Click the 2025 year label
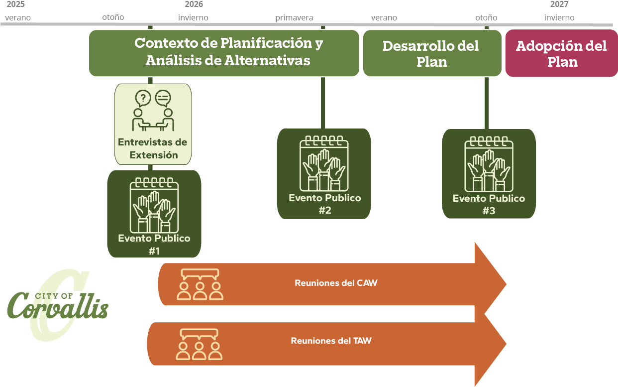tap(15, 4)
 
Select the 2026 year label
tap(194, 4)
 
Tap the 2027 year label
tap(559, 4)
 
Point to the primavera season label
tap(294, 18)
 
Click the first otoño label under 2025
tap(113, 17)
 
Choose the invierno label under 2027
tap(559, 18)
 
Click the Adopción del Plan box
tap(561, 53)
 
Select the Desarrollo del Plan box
tap(431, 53)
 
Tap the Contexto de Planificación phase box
tap(224, 52)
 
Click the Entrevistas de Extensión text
tap(153, 148)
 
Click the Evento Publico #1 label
tap(154, 244)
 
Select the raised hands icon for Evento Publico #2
tap(324, 164)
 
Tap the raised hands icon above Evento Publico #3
tap(489, 164)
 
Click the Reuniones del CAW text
tap(336, 283)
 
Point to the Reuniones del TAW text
tap(331, 341)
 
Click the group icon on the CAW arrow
tap(200, 284)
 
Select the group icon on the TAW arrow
tap(199, 344)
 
